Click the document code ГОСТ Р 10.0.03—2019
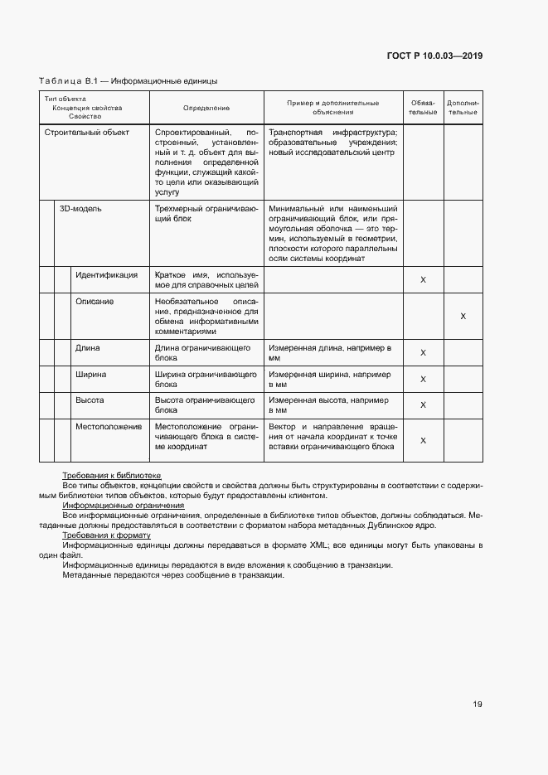coord(434,56)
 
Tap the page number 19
coord(478,705)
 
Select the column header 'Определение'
coord(206,108)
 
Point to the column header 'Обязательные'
coord(423,108)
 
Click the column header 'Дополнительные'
coord(463,108)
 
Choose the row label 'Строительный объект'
coord(87,133)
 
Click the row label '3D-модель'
coord(80,209)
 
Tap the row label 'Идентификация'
coord(108,275)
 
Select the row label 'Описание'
coord(95,302)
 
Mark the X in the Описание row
coord(463,317)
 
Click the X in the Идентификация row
coord(423,280)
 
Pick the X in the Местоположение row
coord(423,440)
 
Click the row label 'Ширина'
coord(91,375)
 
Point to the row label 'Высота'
coord(90,400)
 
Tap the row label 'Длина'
coord(88,349)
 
